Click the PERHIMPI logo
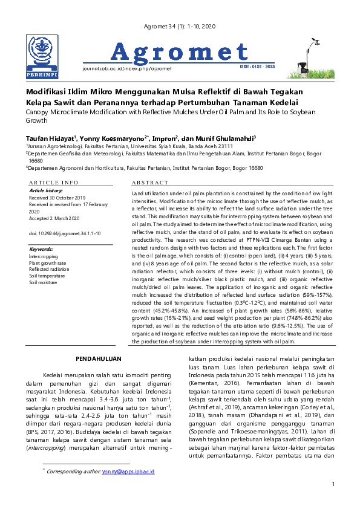click(42, 57)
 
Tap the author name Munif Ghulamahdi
click(231, 138)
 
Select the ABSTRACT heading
click(149, 182)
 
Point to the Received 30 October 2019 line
click(57, 198)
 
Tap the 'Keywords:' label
click(42, 249)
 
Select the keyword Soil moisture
click(44, 282)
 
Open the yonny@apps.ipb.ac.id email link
click(128, 470)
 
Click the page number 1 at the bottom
click(333, 484)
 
